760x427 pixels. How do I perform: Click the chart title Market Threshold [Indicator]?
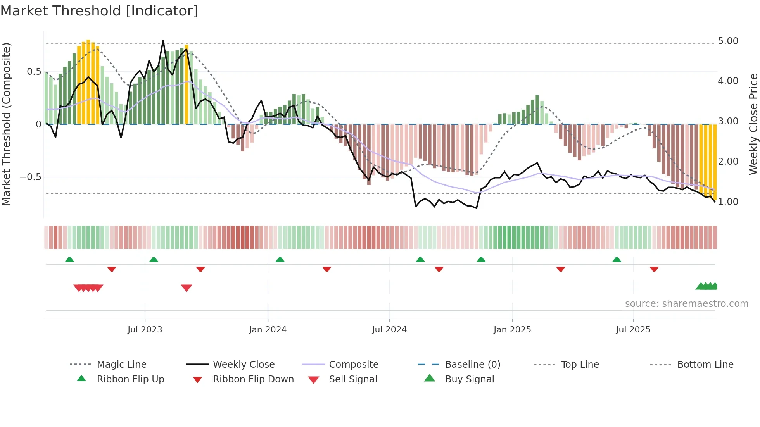coord(99,11)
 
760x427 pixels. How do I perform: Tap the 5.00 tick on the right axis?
coord(728,41)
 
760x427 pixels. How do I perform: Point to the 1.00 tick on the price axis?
coord(728,202)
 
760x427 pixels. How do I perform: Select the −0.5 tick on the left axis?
coord(30,177)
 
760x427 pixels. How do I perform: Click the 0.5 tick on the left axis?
coord(34,72)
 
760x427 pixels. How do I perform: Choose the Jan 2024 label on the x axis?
coord(268,330)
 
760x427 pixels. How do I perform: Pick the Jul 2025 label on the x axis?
coord(633,330)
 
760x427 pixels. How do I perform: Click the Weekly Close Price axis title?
coord(753,124)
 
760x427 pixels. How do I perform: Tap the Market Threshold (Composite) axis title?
coord(6,124)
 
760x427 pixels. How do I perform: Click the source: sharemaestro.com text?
coord(686,304)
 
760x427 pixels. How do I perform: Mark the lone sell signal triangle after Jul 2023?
coord(187,288)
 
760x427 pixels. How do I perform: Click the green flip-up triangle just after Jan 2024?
coord(280,260)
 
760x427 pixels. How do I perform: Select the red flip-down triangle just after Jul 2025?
coord(654,269)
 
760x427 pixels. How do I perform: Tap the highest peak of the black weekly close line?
coord(163,41)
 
